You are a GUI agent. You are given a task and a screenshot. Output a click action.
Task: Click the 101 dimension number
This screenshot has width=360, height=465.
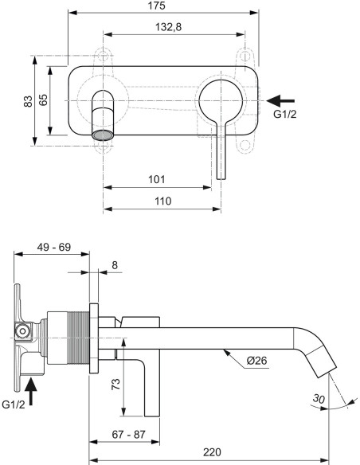click(158, 180)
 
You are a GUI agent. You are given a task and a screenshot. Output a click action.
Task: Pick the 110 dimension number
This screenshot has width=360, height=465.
click(162, 201)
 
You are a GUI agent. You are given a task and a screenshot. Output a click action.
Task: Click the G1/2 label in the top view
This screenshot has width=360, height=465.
click(286, 115)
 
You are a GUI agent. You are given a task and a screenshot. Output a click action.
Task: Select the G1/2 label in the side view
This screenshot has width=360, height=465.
click(15, 405)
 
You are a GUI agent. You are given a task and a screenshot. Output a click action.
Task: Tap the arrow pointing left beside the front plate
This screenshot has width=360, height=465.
click(280, 100)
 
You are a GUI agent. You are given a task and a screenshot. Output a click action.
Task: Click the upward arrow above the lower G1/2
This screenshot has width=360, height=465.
click(32, 390)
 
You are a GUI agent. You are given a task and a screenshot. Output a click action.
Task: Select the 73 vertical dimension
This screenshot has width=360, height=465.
click(115, 383)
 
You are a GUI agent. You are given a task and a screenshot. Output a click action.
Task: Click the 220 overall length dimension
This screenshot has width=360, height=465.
click(211, 451)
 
